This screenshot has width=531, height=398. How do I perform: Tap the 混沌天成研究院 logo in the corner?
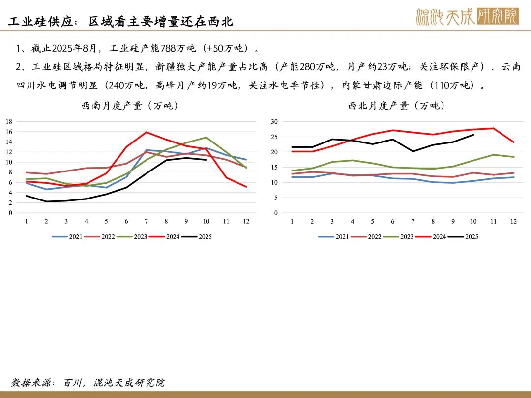click(x=467, y=17)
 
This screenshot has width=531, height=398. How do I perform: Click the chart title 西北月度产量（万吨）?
click(x=396, y=106)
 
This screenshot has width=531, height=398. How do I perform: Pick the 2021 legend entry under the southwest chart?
click(x=68, y=237)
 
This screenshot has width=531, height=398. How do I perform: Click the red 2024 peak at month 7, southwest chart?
click(x=147, y=132)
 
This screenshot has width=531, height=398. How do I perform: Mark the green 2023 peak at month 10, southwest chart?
click(x=206, y=138)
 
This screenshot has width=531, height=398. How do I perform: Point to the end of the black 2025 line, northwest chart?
click(x=473, y=135)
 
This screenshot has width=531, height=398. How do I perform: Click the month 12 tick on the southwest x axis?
click(x=246, y=222)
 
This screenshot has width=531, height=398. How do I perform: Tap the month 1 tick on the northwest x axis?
click(x=292, y=222)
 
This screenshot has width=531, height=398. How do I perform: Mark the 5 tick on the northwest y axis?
click(x=276, y=198)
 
